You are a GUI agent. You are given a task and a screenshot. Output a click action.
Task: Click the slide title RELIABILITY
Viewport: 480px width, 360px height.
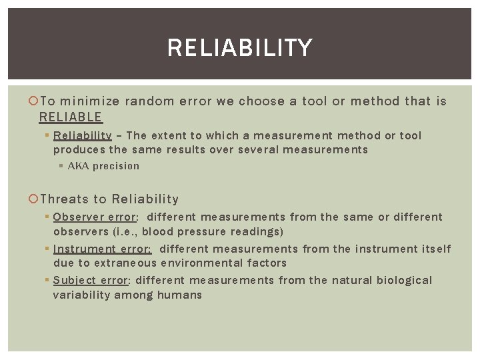coord(239,48)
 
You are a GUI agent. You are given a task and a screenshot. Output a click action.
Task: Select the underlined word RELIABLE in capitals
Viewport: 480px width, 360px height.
coord(70,117)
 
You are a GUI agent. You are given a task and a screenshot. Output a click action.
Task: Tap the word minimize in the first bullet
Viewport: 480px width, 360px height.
coord(89,101)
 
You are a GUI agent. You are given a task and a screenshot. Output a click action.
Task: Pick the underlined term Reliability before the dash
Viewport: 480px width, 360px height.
coord(82,136)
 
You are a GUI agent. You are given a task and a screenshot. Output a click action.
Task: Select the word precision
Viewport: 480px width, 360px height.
coord(116,166)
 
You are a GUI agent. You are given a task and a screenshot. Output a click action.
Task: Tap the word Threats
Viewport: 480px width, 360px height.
coord(64,199)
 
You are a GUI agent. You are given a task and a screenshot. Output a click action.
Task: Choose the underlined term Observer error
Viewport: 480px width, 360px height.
coord(94,217)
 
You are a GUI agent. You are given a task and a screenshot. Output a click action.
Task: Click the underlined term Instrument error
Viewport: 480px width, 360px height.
coord(102,249)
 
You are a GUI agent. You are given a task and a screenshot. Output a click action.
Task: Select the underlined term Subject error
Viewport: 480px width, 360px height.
coord(90,281)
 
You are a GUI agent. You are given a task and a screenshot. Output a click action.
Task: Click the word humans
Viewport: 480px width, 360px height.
coord(179,295)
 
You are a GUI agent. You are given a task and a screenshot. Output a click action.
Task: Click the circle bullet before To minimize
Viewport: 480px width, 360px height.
coord(35,101)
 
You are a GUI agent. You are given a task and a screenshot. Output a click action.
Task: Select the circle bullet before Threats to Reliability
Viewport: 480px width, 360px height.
coord(35,199)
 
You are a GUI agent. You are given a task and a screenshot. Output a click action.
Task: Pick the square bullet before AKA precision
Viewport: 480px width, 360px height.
coord(61,166)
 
